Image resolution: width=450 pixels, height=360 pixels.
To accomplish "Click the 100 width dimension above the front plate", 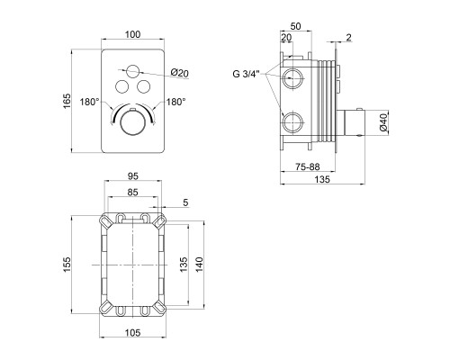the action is click(x=132, y=34).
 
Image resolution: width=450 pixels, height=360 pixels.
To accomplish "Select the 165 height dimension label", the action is click(x=67, y=101).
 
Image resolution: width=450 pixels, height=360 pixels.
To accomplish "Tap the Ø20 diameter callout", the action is click(x=180, y=73).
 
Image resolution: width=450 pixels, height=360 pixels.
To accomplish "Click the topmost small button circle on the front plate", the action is click(x=132, y=71).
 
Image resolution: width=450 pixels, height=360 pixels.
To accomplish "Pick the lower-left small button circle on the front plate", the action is click(x=121, y=86).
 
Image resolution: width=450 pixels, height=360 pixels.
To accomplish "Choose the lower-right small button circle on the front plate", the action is click(x=143, y=86).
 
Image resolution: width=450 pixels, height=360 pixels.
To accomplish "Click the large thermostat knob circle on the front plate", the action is click(x=132, y=122).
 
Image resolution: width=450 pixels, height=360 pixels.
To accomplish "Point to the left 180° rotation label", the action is click(x=89, y=102).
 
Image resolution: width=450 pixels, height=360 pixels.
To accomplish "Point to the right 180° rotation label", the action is click(x=176, y=102).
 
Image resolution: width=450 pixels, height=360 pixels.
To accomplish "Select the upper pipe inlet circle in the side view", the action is click(x=293, y=78).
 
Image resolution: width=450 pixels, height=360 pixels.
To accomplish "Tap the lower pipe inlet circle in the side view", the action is click(x=293, y=122).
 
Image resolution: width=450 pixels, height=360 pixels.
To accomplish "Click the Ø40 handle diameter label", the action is click(x=383, y=122).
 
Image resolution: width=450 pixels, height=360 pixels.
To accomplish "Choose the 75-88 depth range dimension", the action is click(x=308, y=166).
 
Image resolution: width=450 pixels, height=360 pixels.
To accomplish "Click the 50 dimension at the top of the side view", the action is click(x=295, y=26).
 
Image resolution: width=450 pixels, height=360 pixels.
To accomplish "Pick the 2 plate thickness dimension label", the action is click(x=348, y=38).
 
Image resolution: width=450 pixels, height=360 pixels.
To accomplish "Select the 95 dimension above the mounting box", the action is click(x=132, y=176).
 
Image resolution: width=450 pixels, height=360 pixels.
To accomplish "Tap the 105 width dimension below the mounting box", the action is click(x=132, y=333).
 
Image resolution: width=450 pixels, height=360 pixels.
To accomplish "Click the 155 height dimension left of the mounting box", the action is click(x=67, y=265).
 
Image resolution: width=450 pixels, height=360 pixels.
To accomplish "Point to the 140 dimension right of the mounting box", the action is click(x=200, y=265).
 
